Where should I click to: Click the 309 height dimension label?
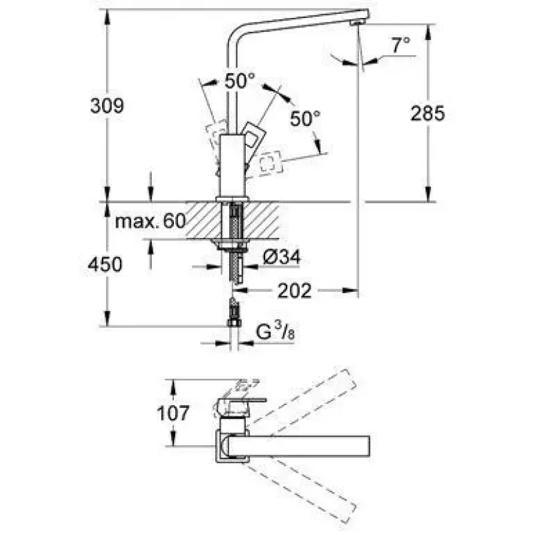point(107,106)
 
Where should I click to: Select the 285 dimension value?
point(428,113)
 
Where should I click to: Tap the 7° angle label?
point(401,45)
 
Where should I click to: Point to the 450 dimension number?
point(105,265)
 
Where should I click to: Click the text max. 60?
point(151,221)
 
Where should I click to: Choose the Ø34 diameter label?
point(282,257)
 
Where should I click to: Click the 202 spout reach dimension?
point(294,291)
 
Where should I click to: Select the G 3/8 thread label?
point(275,331)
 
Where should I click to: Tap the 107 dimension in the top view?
point(173,413)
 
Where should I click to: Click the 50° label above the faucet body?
point(240,81)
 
